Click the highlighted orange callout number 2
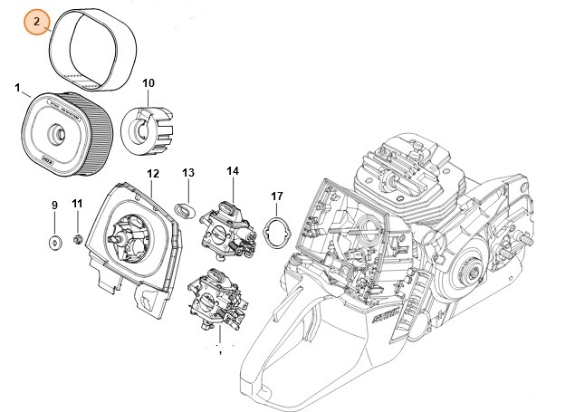(x=36, y=20)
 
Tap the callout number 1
(x=17, y=88)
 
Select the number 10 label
(x=149, y=84)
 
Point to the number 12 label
(x=153, y=173)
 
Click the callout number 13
(x=188, y=172)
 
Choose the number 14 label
(x=233, y=170)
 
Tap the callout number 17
(x=278, y=196)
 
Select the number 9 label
(x=53, y=206)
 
